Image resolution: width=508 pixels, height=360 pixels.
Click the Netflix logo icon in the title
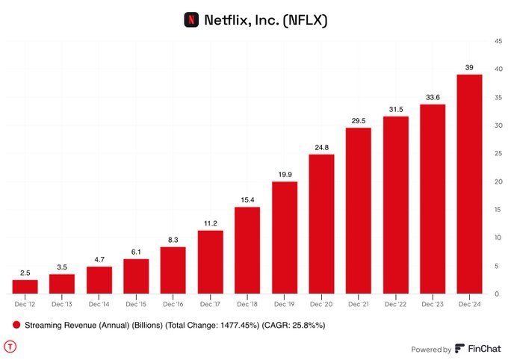pyautogui.click(x=191, y=19)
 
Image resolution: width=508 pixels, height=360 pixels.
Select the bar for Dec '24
pyautogui.click(x=469, y=183)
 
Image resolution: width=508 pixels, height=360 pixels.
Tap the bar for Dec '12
pyautogui.click(x=25, y=286)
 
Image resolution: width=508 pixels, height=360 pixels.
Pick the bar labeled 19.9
pyautogui.click(x=284, y=237)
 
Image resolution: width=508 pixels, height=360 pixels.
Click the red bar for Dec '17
pyautogui.click(x=210, y=261)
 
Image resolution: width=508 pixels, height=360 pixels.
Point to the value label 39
pyautogui.click(x=469, y=67)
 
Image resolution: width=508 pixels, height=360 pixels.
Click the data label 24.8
pyautogui.click(x=321, y=147)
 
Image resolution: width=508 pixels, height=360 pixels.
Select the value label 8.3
pyautogui.click(x=173, y=239)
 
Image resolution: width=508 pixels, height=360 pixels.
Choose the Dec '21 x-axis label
pyautogui.click(x=358, y=304)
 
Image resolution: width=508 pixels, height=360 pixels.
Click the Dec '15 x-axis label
pyautogui.click(x=136, y=304)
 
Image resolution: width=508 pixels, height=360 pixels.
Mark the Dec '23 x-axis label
pyautogui.click(x=432, y=304)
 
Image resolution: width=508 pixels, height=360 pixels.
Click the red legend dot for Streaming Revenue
pyautogui.click(x=16, y=326)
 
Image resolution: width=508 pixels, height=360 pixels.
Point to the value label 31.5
pyautogui.click(x=395, y=109)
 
